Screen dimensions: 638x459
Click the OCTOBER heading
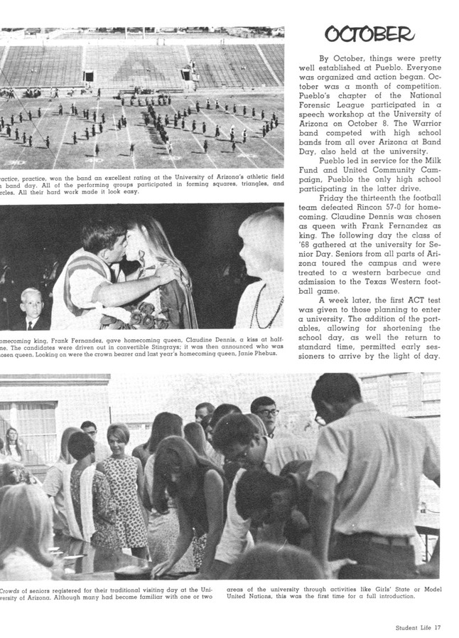369,33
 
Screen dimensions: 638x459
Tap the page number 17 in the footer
438,627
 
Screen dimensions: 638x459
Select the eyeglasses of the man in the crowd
268,413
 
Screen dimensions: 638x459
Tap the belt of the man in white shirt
374,538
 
